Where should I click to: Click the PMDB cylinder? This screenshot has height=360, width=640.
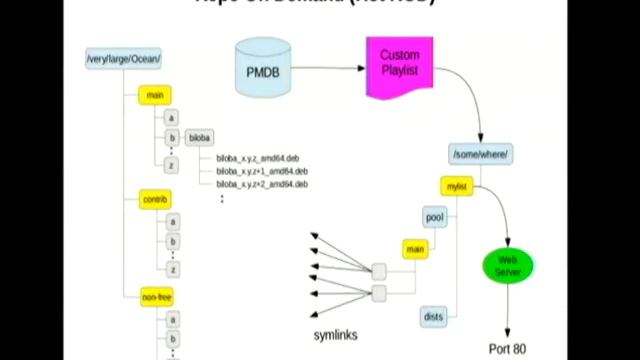point(265,71)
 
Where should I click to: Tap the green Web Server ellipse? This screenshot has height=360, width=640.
point(508,265)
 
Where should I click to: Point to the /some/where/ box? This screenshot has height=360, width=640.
point(481,153)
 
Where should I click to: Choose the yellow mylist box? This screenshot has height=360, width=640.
point(455,187)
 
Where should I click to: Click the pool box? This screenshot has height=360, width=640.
point(434,217)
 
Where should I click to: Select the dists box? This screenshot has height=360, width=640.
point(434,317)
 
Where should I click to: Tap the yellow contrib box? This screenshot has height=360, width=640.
point(155,200)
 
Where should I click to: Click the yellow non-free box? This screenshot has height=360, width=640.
point(156,297)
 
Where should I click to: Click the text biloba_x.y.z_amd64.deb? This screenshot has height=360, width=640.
point(258,158)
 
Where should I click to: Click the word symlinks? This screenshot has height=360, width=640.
point(329,335)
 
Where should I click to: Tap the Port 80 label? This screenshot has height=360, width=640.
point(506,349)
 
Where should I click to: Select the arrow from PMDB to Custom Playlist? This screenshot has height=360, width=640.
point(330,69)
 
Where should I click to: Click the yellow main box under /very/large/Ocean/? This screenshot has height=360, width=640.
point(154,96)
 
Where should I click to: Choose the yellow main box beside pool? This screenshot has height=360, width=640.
point(413,248)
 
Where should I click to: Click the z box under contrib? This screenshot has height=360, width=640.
point(174,269)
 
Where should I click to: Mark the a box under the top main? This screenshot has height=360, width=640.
point(173,117)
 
